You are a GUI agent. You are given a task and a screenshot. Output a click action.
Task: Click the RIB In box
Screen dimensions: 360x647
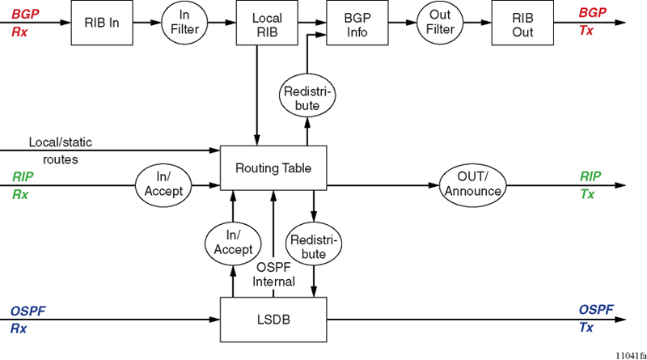pyautogui.click(x=101, y=23)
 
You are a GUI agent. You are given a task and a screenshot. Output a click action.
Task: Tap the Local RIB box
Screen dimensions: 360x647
pyautogui.click(x=266, y=23)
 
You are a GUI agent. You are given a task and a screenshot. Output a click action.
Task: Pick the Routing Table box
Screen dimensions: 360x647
pyautogui.click(x=273, y=168)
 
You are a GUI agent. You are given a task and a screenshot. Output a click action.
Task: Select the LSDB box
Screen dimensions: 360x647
pyautogui.click(x=273, y=320)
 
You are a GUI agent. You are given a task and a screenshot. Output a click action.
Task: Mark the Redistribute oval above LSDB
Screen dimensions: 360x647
pyautogui.click(x=315, y=247)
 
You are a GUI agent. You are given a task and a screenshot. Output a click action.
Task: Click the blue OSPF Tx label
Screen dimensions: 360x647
pyautogui.click(x=596, y=319)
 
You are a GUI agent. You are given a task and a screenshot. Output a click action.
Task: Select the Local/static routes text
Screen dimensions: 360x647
pyautogui.click(x=61, y=150)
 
